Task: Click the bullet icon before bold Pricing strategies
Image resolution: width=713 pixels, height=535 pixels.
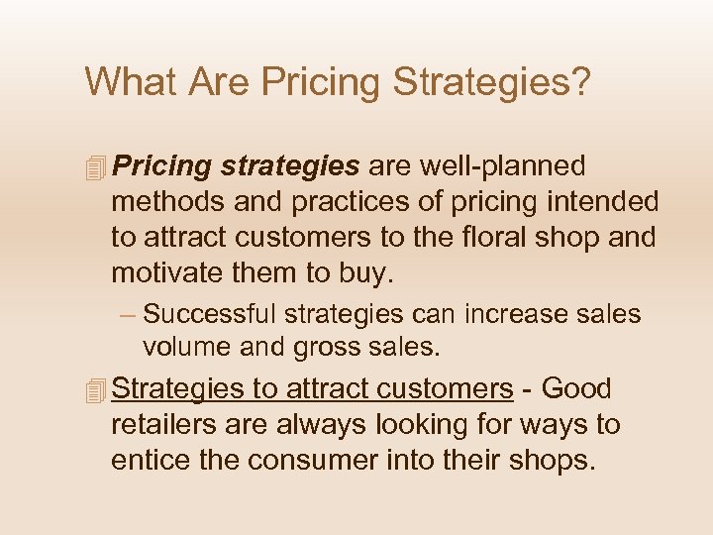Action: pos(95,168)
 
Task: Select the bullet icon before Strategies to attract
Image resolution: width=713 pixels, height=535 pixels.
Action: pos(95,391)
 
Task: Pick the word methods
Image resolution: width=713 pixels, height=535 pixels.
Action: pos(169,201)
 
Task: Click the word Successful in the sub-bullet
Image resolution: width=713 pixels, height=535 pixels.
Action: pos(210,315)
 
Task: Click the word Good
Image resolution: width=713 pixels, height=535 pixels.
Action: pos(577,389)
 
